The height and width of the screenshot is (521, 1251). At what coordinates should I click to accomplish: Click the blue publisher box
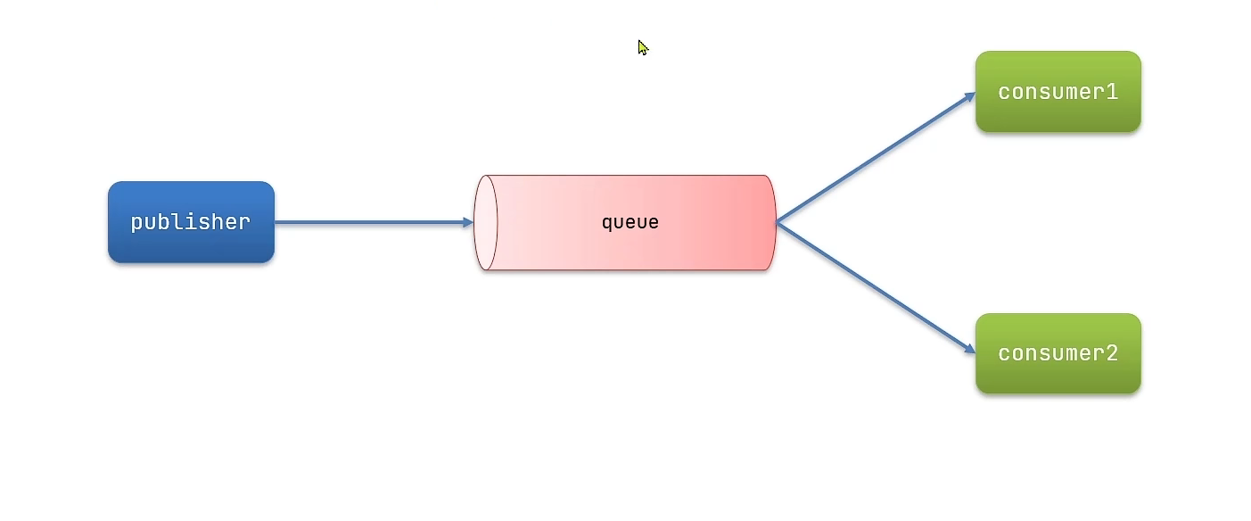pyautogui.click(x=191, y=222)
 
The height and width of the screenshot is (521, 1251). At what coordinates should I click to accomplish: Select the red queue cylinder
pyautogui.click(x=624, y=223)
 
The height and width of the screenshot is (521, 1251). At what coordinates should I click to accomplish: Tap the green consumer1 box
pyautogui.click(x=1058, y=92)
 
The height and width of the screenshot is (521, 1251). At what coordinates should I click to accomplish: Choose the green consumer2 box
pyautogui.click(x=1058, y=353)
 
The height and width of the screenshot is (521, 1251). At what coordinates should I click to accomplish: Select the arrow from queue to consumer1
pyautogui.click(x=874, y=158)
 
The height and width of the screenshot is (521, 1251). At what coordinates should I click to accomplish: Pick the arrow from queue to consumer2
pyautogui.click(x=874, y=287)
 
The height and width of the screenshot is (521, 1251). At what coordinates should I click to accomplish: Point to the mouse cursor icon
pyautogui.click(x=642, y=47)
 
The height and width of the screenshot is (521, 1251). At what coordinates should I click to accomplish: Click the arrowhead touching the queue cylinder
pyautogui.click(x=467, y=222)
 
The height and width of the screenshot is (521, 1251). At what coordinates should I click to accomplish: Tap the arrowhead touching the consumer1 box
pyautogui.click(x=970, y=95)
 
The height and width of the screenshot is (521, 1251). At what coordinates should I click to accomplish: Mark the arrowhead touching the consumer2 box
pyautogui.click(x=970, y=350)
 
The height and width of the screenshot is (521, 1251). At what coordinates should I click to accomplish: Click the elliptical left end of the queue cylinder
pyautogui.click(x=485, y=222)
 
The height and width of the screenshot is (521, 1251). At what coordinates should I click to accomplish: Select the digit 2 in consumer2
pyautogui.click(x=1111, y=353)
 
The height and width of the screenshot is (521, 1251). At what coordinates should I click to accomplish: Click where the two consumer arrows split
pyautogui.click(x=778, y=222)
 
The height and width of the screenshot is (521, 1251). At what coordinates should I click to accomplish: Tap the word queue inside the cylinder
pyautogui.click(x=630, y=222)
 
